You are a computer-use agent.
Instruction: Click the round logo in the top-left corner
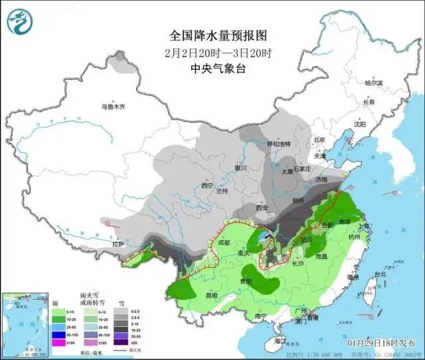(19, 23)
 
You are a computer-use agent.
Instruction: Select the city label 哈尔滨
(375, 83)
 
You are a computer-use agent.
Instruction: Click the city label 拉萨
(119, 244)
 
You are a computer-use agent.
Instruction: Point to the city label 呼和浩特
(279, 144)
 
